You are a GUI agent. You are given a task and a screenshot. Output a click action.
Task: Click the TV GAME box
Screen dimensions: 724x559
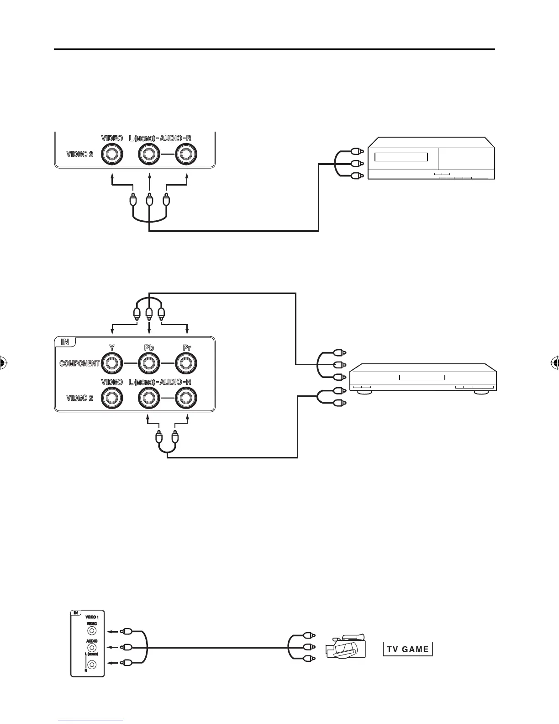click(407, 649)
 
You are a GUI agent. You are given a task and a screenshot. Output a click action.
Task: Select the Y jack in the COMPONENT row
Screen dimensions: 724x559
click(111, 364)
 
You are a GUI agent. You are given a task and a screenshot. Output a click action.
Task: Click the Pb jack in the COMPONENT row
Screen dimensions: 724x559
click(149, 364)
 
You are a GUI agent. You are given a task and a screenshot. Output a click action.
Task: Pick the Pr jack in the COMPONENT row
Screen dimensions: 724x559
click(186, 364)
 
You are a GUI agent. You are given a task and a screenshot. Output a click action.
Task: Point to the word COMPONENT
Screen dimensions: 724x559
click(79, 364)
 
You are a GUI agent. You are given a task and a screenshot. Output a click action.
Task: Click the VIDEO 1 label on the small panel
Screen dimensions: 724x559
click(92, 617)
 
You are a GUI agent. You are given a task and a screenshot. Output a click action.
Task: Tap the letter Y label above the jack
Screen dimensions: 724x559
click(111, 348)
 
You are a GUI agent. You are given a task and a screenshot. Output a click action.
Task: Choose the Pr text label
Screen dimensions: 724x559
click(186, 348)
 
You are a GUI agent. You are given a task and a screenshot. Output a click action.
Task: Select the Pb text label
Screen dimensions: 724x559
click(149, 348)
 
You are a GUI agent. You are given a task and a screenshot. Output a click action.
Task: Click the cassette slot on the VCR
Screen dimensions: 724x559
click(401, 157)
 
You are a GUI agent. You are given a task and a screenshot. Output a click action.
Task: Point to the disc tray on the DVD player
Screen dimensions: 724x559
click(422, 378)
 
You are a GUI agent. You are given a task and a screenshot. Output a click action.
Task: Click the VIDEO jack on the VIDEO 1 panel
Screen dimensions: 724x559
click(92, 631)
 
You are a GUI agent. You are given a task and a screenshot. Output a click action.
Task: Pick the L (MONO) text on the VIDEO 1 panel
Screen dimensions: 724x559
click(91, 654)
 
